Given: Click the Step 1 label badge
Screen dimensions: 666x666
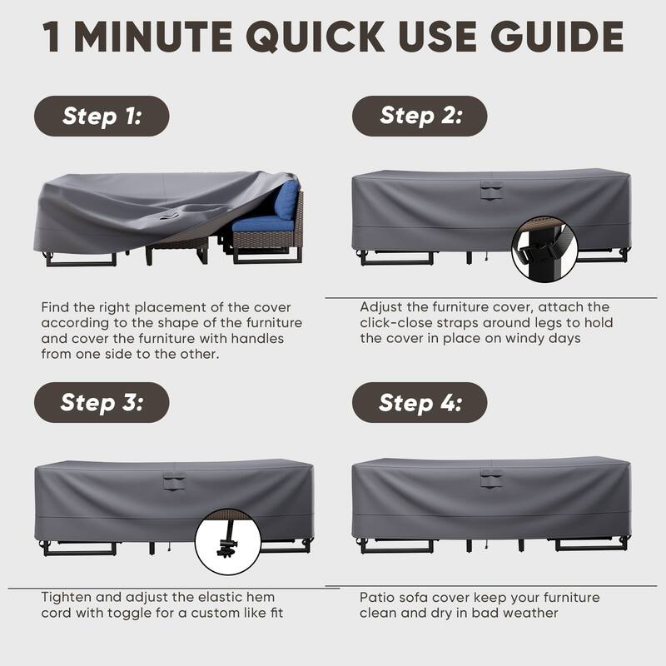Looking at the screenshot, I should (x=102, y=117).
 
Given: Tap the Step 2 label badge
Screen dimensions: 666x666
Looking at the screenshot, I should (x=420, y=116).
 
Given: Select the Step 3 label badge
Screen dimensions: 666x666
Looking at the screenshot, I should (x=102, y=403).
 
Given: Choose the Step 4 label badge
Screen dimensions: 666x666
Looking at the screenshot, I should (x=420, y=403).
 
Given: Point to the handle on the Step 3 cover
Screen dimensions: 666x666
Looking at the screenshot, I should (x=174, y=479).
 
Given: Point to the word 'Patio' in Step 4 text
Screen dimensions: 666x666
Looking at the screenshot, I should (x=377, y=598).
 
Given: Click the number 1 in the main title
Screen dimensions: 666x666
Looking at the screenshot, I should (x=53, y=37).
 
